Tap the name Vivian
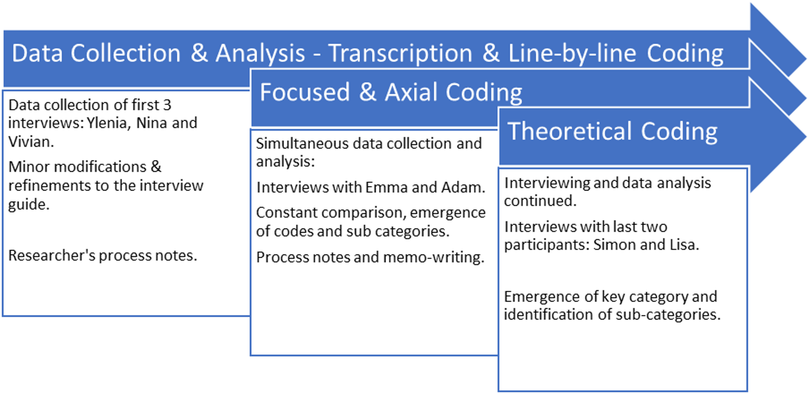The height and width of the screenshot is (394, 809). (31, 142)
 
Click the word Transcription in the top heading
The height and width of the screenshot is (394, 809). (400, 53)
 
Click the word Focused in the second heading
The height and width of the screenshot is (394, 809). (305, 92)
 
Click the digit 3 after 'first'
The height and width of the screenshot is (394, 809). (167, 105)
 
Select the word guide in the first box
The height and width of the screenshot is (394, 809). (29, 205)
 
